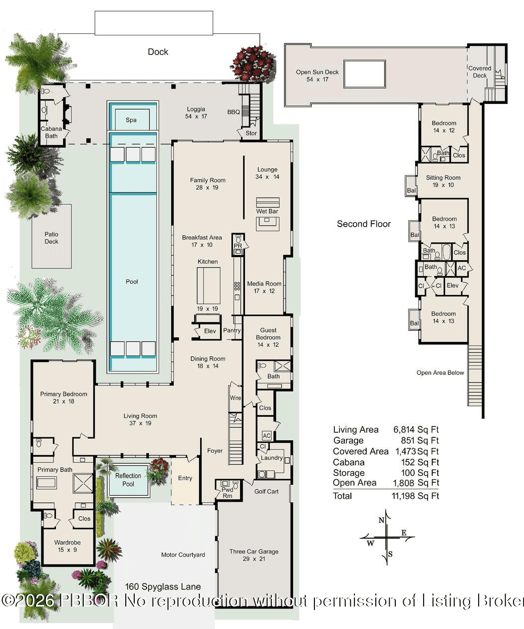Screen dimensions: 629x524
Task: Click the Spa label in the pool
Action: click(131, 120)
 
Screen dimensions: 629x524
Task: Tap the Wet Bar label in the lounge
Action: click(267, 211)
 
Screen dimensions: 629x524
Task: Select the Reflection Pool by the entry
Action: click(128, 480)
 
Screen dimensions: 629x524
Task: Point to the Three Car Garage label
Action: click(254, 552)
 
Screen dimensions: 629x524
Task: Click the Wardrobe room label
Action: click(67, 543)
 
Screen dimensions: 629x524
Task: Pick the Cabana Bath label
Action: click(51, 132)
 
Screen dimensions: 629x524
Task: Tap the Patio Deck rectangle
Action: click(51, 238)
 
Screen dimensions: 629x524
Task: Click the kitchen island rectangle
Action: click(208, 286)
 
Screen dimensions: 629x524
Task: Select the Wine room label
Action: click(236, 398)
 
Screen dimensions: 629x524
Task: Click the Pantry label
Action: click(232, 330)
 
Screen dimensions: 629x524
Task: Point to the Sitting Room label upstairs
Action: click(443, 178)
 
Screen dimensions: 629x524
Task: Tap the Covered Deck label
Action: click(480, 72)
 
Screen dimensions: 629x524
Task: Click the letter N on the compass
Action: click(382, 520)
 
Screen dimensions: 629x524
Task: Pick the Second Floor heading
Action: click(364, 224)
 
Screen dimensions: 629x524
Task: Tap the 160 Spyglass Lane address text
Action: click(163, 587)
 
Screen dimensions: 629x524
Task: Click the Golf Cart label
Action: click(266, 491)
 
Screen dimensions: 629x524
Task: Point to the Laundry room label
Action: click(271, 458)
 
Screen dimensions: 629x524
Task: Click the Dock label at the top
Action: click(158, 52)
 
